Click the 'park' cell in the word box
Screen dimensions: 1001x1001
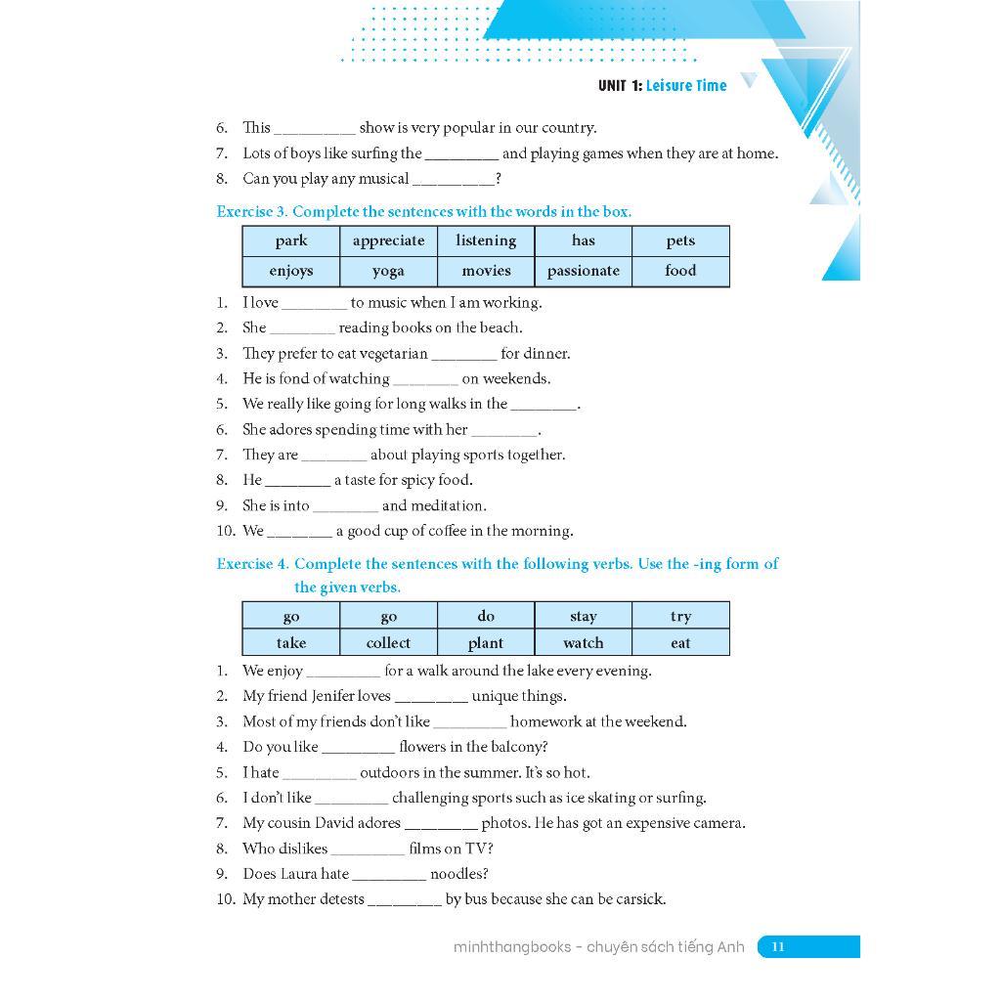click(x=291, y=240)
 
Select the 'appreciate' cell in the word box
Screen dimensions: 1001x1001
click(x=388, y=240)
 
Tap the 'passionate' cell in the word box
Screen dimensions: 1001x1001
click(x=584, y=271)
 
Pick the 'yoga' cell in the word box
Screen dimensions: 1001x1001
click(x=388, y=271)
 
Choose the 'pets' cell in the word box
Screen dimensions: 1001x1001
click(x=680, y=240)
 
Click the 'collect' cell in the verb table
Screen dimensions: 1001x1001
click(x=388, y=643)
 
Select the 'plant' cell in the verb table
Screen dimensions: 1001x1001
click(x=486, y=643)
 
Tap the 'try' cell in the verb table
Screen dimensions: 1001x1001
click(x=680, y=616)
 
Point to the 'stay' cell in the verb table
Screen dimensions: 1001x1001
click(x=584, y=616)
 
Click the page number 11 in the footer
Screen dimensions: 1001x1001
click(x=778, y=946)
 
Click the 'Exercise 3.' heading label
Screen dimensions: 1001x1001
click(x=251, y=211)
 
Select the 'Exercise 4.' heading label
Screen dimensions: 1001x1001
click(x=252, y=564)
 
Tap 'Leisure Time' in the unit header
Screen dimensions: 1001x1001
click(x=686, y=86)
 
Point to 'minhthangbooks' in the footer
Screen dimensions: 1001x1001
click(x=512, y=946)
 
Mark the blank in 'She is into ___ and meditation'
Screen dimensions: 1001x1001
click(x=346, y=506)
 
